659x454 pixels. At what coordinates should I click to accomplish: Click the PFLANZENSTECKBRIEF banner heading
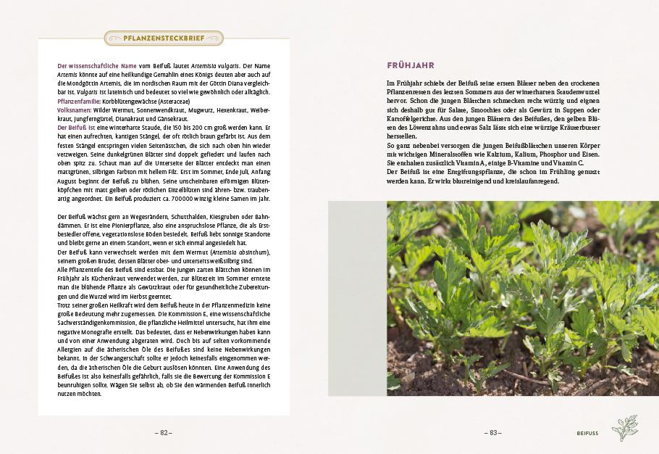[x=164, y=38]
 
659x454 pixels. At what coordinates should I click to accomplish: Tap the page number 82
[x=164, y=432]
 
